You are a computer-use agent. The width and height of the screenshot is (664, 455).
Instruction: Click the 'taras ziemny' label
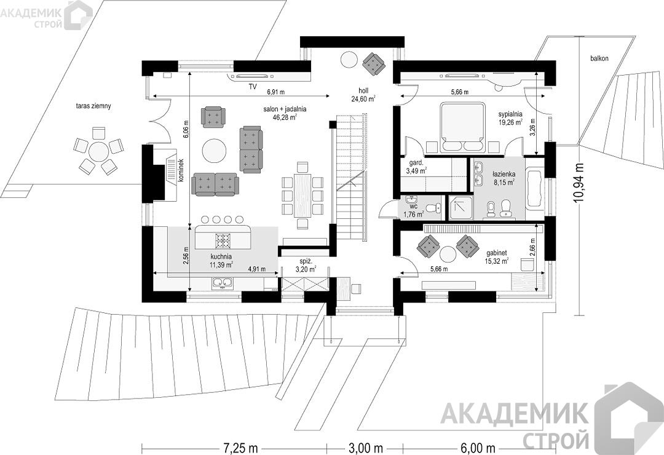click(x=91, y=106)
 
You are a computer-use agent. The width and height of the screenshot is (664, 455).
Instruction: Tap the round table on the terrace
click(x=98, y=151)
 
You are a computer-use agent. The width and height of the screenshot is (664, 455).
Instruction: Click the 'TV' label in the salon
click(x=253, y=87)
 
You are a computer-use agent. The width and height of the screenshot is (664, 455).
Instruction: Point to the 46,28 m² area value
click(x=285, y=117)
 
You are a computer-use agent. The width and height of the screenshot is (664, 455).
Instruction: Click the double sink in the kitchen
click(x=222, y=283)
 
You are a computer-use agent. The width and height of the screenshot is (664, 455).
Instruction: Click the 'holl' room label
click(x=363, y=90)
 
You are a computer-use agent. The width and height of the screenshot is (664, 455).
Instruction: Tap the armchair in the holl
click(x=374, y=63)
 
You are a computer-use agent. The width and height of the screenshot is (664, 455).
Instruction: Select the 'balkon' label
click(x=599, y=58)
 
